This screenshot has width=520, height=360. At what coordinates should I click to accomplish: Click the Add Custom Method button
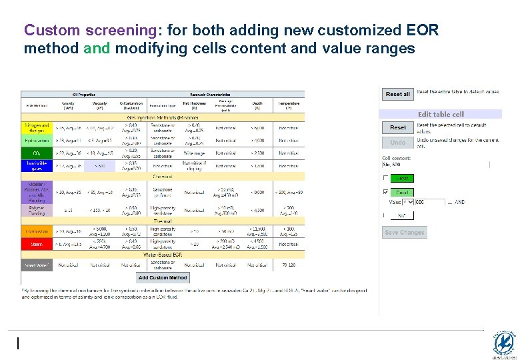163,277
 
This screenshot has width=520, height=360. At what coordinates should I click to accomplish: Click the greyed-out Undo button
397,143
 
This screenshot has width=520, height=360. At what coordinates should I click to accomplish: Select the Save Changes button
404,232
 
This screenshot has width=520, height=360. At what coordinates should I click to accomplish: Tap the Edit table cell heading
441,114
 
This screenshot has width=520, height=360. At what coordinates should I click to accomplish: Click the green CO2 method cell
37,153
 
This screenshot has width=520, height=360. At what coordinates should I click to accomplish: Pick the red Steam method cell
37,244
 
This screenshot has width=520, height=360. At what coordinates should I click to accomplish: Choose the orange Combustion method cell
37,231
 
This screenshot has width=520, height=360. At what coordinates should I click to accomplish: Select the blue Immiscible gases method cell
37,166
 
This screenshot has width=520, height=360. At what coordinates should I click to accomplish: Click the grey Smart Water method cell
37,265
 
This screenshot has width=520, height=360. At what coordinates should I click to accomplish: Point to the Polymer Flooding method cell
37,210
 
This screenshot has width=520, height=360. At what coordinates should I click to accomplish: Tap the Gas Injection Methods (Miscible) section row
163,117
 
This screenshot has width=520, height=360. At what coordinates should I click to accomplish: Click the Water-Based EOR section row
163,254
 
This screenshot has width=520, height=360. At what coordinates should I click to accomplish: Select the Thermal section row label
163,221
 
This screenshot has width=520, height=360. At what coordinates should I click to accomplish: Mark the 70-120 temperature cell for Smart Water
289,265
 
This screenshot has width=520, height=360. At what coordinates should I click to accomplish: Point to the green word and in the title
97,49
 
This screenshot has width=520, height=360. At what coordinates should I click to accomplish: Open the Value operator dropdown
409,202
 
